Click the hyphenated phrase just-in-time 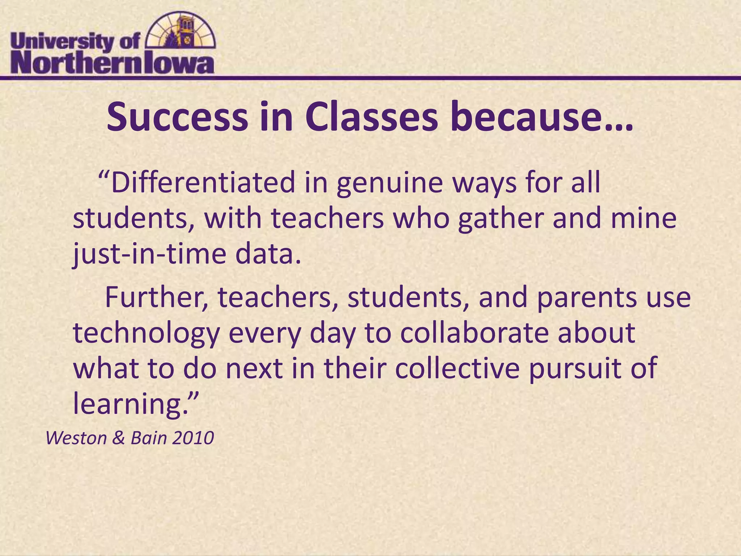pos(149,255)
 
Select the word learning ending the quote pos(130,405)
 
